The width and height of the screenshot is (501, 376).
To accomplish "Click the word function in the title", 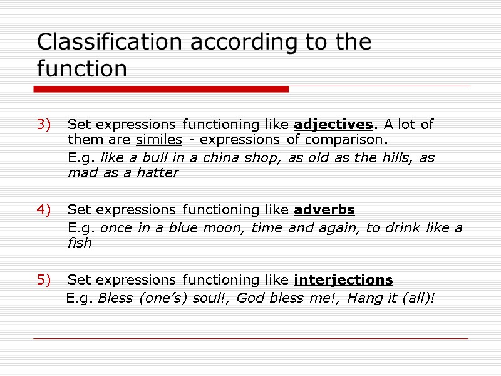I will (81, 68).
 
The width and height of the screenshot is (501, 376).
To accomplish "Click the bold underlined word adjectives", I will (333, 125).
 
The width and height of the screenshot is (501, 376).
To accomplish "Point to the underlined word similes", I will (158, 138).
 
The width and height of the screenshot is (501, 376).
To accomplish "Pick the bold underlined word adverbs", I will (324, 209).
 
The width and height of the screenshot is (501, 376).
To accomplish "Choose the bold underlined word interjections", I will (343, 279).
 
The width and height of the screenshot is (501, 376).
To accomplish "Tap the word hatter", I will (160, 172).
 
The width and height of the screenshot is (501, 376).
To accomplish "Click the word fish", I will (80, 243).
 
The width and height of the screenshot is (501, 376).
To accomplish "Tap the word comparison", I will (353, 138).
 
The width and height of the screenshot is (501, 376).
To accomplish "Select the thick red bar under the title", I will (161, 90).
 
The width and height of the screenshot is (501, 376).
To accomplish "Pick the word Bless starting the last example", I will (116, 298).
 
